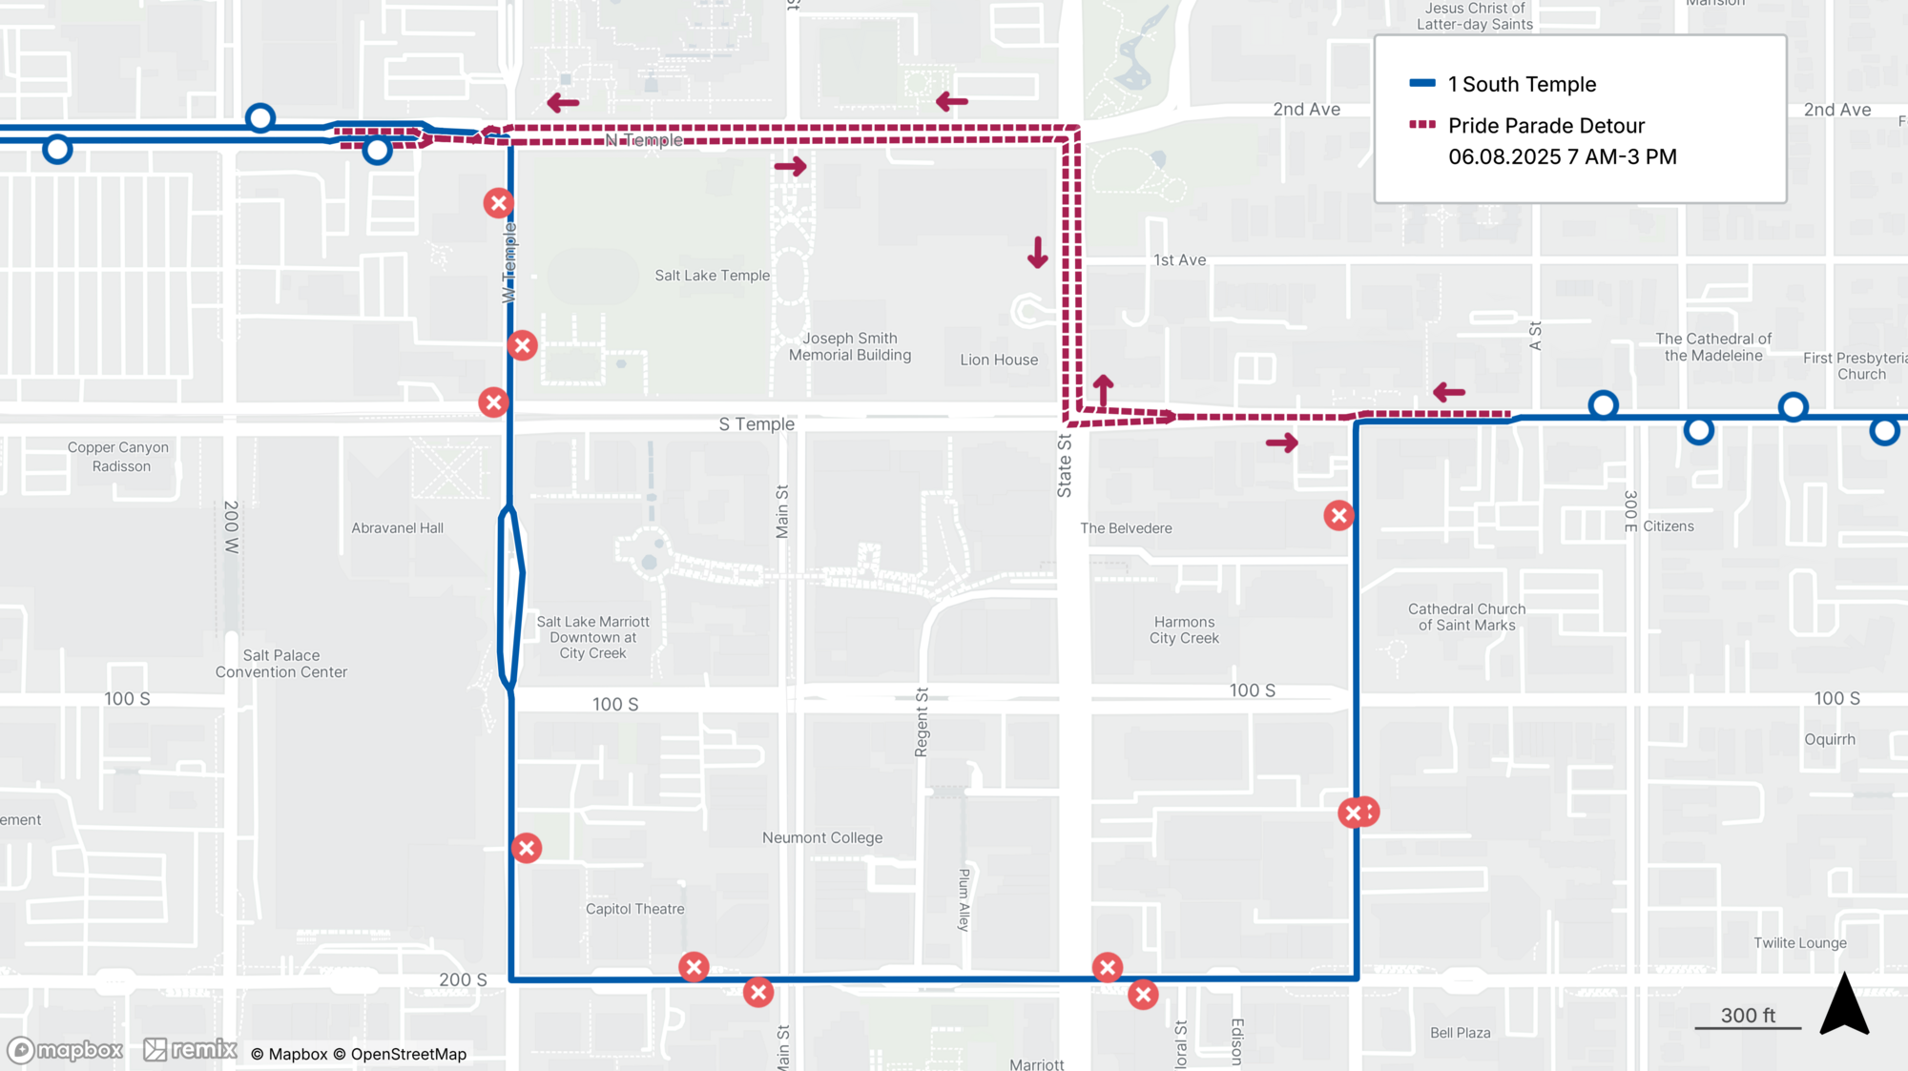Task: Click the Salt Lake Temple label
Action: [712, 276]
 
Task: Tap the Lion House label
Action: [999, 360]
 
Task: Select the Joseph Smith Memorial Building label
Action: [849, 346]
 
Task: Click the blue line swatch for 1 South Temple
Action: [1422, 84]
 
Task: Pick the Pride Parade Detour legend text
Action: [1545, 126]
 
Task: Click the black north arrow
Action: [1843, 1006]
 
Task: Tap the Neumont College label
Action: [821, 837]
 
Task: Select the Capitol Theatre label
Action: [634, 909]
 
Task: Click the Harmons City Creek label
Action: [1184, 630]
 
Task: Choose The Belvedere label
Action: [1126, 528]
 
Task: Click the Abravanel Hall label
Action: [397, 527]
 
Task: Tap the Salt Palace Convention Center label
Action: [280, 664]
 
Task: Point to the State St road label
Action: [1065, 466]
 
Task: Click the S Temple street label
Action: [756, 424]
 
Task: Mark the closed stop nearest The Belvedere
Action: [1338, 516]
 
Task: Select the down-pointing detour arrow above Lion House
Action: [1037, 253]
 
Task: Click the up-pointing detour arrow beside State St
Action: [1103, 390]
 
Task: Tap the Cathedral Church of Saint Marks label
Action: [1466, 617]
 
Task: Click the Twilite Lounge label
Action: [1799, 943]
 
